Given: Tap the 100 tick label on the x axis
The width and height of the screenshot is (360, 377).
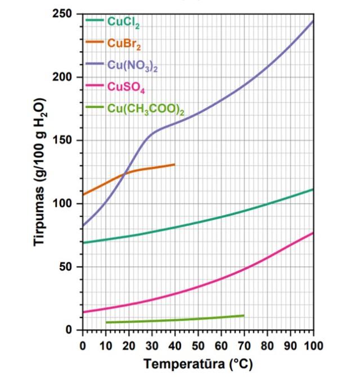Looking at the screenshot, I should point(313,344).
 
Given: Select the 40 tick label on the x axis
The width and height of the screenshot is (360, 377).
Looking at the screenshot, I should point(175,344).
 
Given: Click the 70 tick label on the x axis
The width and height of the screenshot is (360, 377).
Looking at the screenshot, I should point(244,344).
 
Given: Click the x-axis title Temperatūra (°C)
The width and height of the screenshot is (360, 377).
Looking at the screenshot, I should point(197,364).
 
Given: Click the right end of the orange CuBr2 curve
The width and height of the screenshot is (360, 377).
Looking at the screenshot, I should point(174,164).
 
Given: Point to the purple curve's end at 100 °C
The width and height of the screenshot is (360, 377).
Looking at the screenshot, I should point(313,21).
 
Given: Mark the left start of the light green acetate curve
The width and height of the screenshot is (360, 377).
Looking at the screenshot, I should point(106,323).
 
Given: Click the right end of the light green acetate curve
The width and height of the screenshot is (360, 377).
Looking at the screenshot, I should point(244,315).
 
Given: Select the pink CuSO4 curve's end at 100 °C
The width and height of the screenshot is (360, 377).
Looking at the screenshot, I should point(313,233).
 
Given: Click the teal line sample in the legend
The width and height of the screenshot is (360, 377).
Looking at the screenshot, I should point(94,21).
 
